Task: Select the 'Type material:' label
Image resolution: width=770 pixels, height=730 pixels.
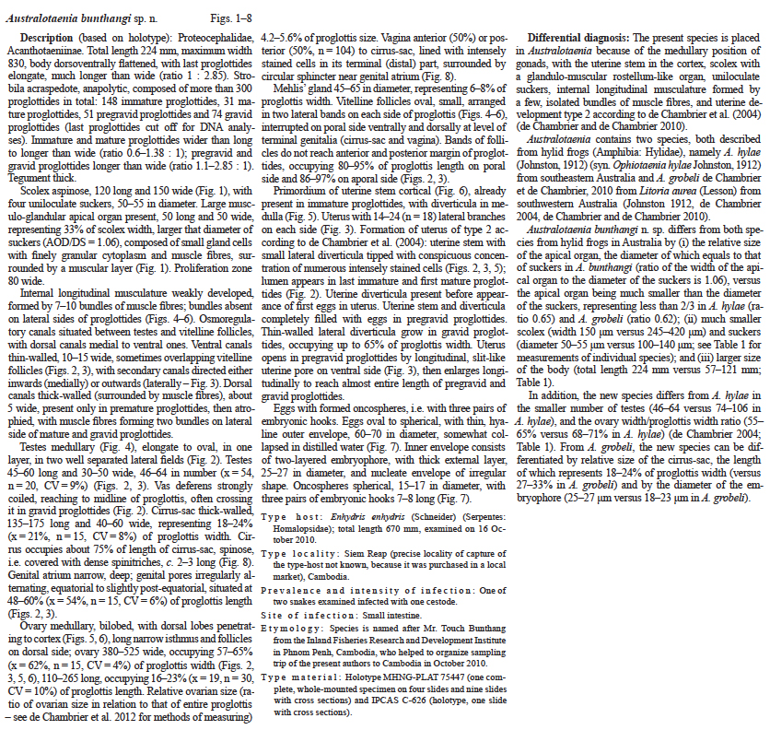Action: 296,674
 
